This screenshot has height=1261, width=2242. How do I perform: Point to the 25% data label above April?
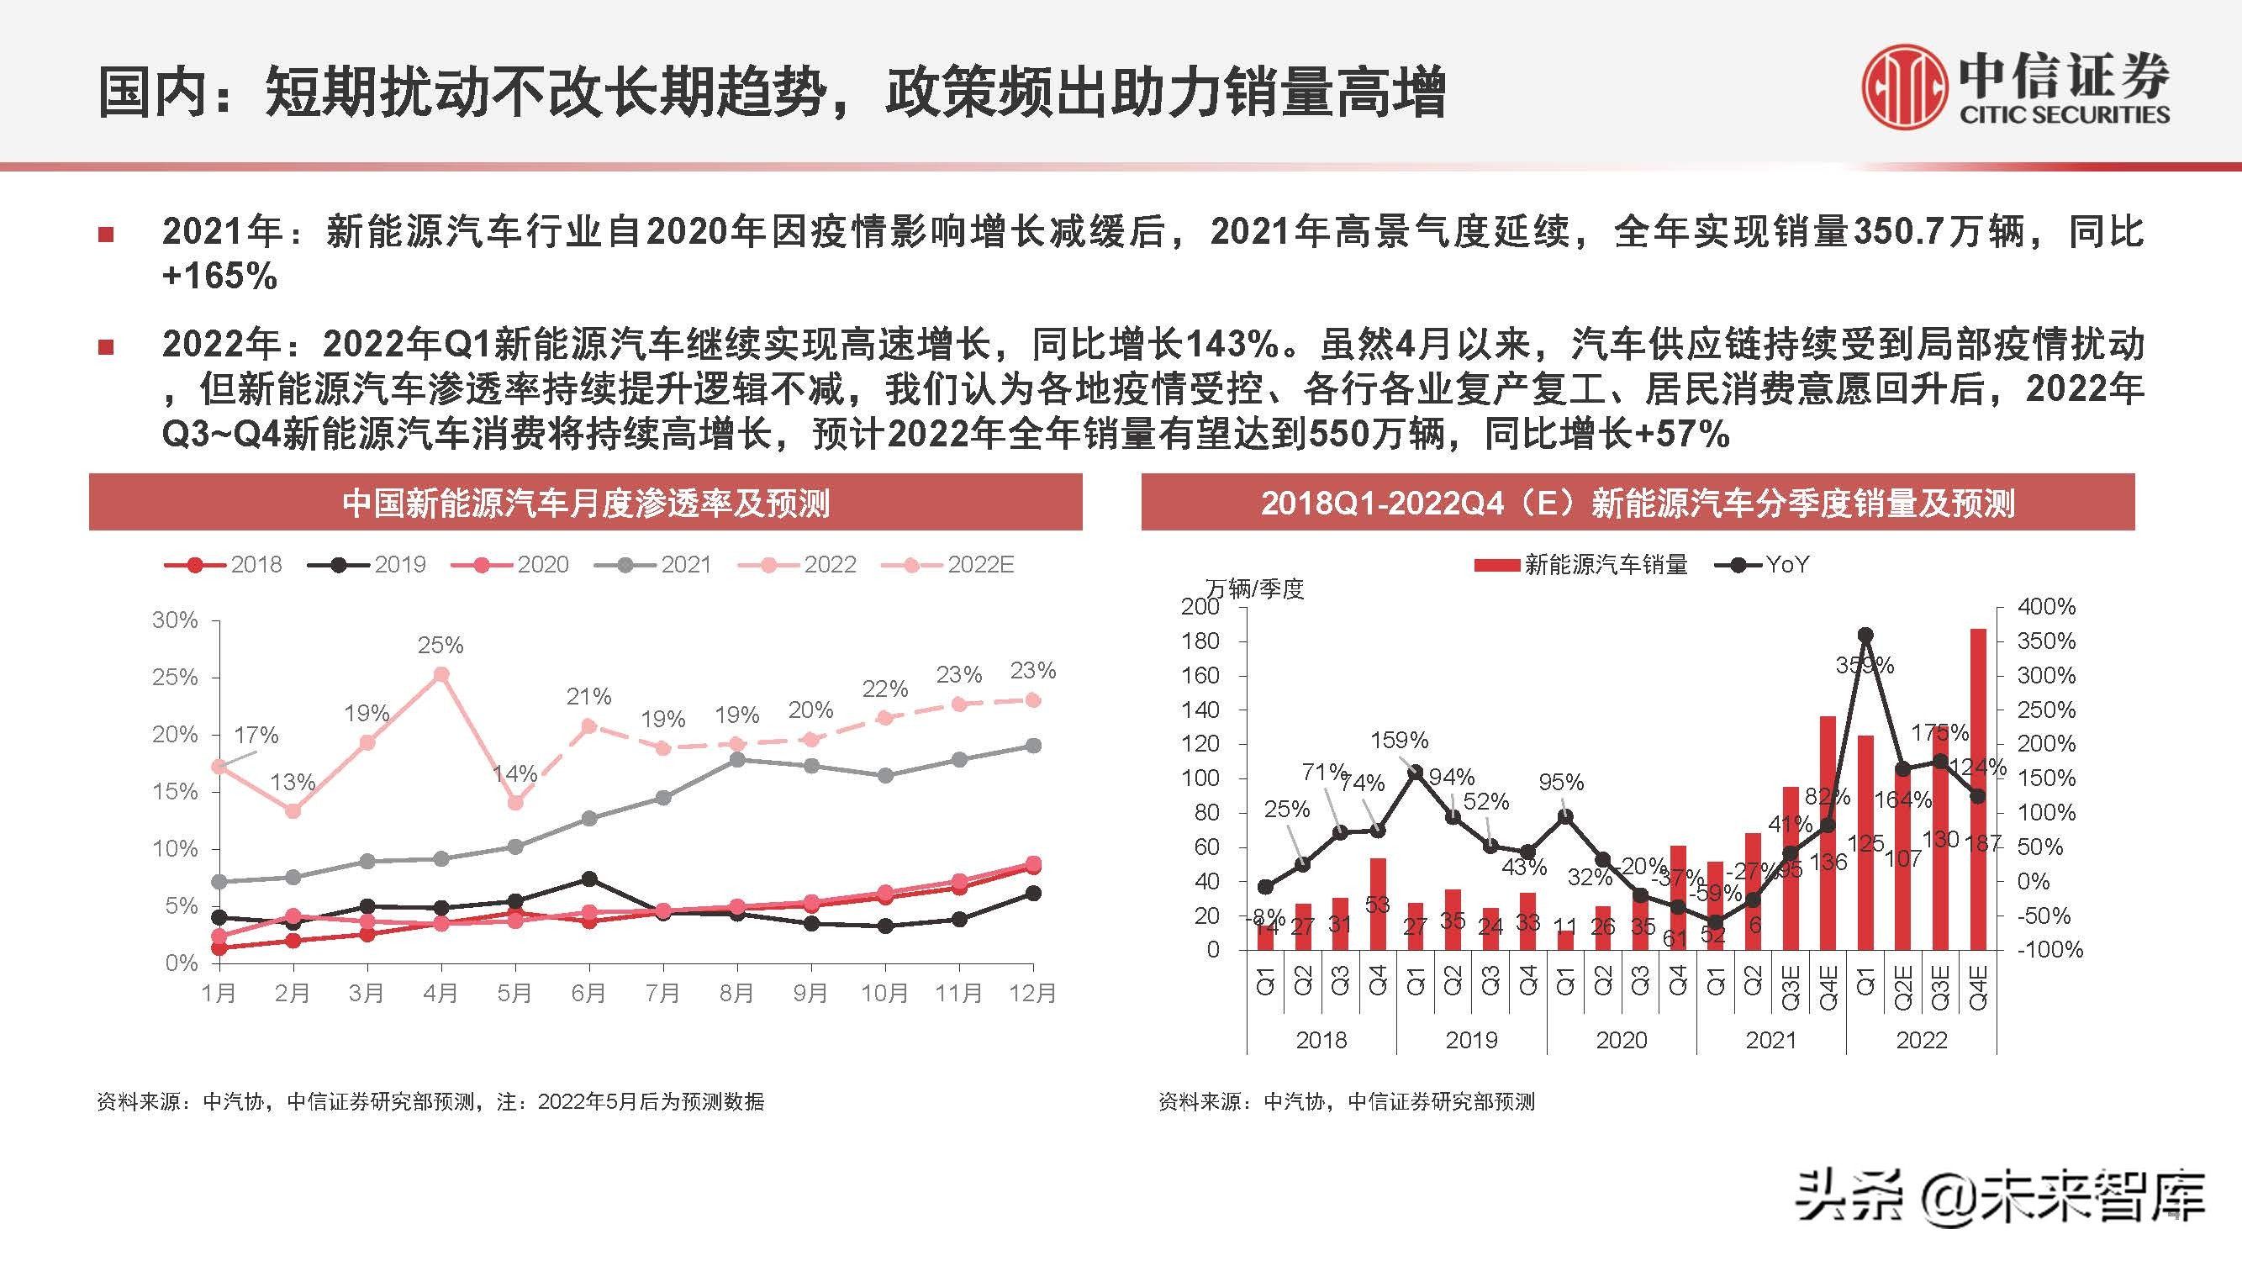tap(440, 646)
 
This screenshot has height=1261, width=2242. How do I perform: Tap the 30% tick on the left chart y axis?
tap(175, 620)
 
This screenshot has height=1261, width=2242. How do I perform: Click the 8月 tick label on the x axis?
tap(736, 993)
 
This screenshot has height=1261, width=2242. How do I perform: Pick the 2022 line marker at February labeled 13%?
tap(293, 811)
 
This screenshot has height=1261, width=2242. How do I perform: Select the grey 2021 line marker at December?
tap(1033, 746)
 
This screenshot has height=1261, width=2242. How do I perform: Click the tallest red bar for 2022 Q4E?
tap(1977, 788)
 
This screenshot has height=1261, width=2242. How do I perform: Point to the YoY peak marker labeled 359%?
tap(1865, 636)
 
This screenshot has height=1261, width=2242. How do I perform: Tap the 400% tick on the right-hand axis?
tap(2045, 607)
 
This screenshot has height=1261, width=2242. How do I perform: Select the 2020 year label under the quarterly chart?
tap(1621, 1040)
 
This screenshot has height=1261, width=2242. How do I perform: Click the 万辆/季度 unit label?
tap(1255, 589)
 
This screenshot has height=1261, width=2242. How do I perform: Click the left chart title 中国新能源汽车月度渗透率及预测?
tap(586, 503)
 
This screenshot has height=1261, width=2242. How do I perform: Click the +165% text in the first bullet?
tap(219, 277)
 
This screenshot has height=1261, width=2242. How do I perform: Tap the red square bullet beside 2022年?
tap(106, 347)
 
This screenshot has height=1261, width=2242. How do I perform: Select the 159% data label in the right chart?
tap(1399, 741)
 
